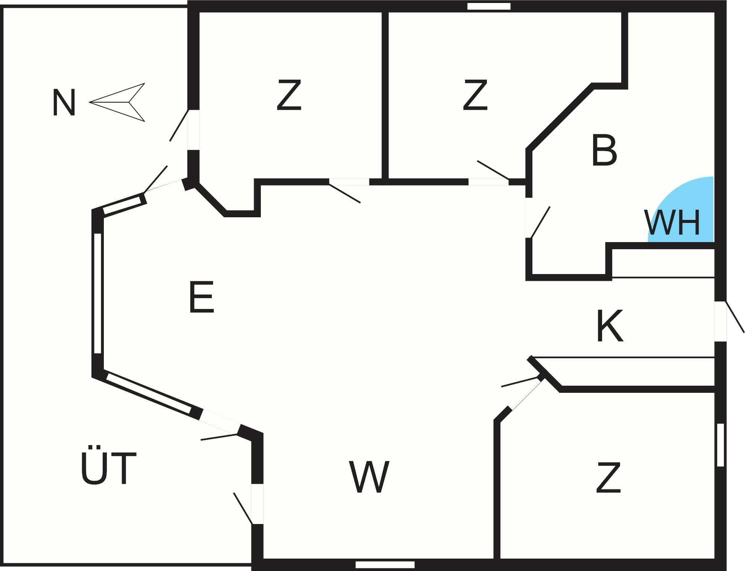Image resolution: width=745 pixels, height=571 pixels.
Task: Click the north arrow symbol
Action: coord(120,102)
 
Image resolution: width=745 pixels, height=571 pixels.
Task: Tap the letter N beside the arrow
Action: coord(64,103)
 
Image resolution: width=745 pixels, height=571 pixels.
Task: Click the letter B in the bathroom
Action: coord(604,151)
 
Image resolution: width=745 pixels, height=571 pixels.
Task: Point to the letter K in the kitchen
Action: coord(610,326)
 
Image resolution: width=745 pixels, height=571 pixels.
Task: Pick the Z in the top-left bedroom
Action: coord(289,95)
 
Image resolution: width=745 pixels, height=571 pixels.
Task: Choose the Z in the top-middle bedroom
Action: coord(475,95)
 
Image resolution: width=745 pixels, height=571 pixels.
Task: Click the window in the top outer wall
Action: coord(489,6)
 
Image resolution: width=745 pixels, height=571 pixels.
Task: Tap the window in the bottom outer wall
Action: coord(385,565)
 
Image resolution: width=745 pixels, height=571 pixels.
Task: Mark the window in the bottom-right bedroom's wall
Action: coord(720,445)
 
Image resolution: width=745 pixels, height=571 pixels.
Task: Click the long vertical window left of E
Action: coord(97,293)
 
